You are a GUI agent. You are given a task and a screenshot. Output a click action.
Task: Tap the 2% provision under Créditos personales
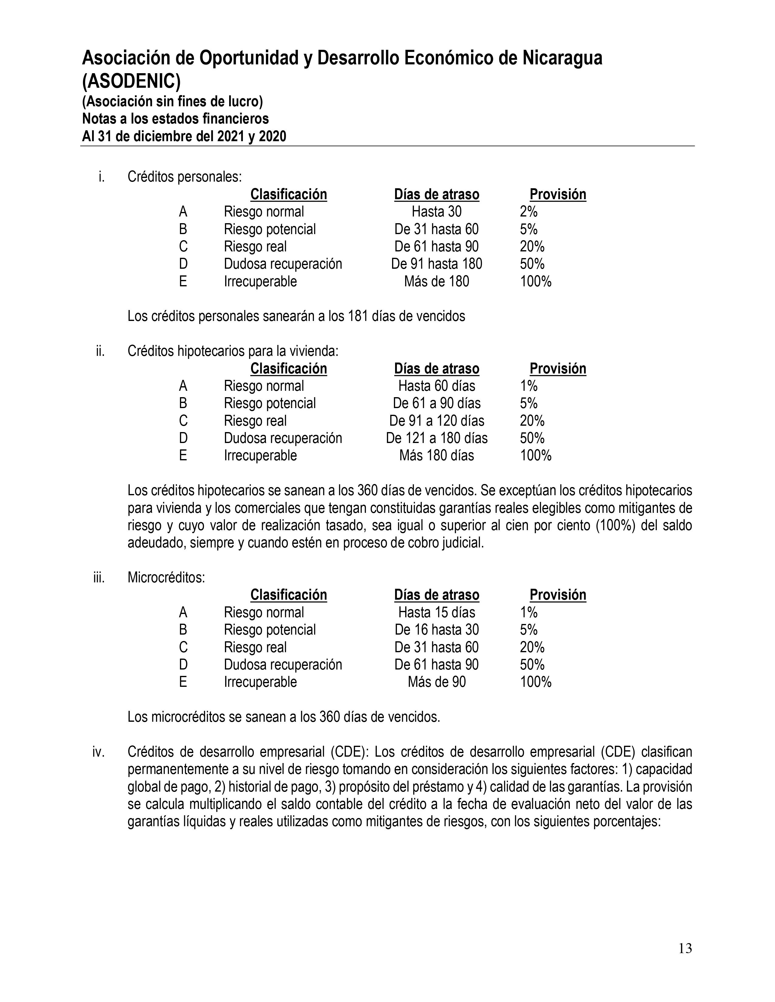pos(529,212)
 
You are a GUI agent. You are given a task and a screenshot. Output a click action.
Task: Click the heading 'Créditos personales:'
pos(184,177)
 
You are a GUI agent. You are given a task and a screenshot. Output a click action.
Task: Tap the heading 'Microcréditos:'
pos(166,577)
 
